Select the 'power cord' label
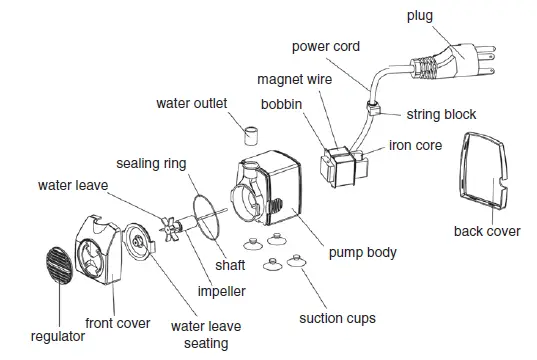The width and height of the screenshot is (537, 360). coord(325,47)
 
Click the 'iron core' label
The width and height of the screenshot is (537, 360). coord(415,144)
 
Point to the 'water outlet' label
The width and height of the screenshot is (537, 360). coord(191,103)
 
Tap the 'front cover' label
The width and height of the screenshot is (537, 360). coord(118,323)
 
